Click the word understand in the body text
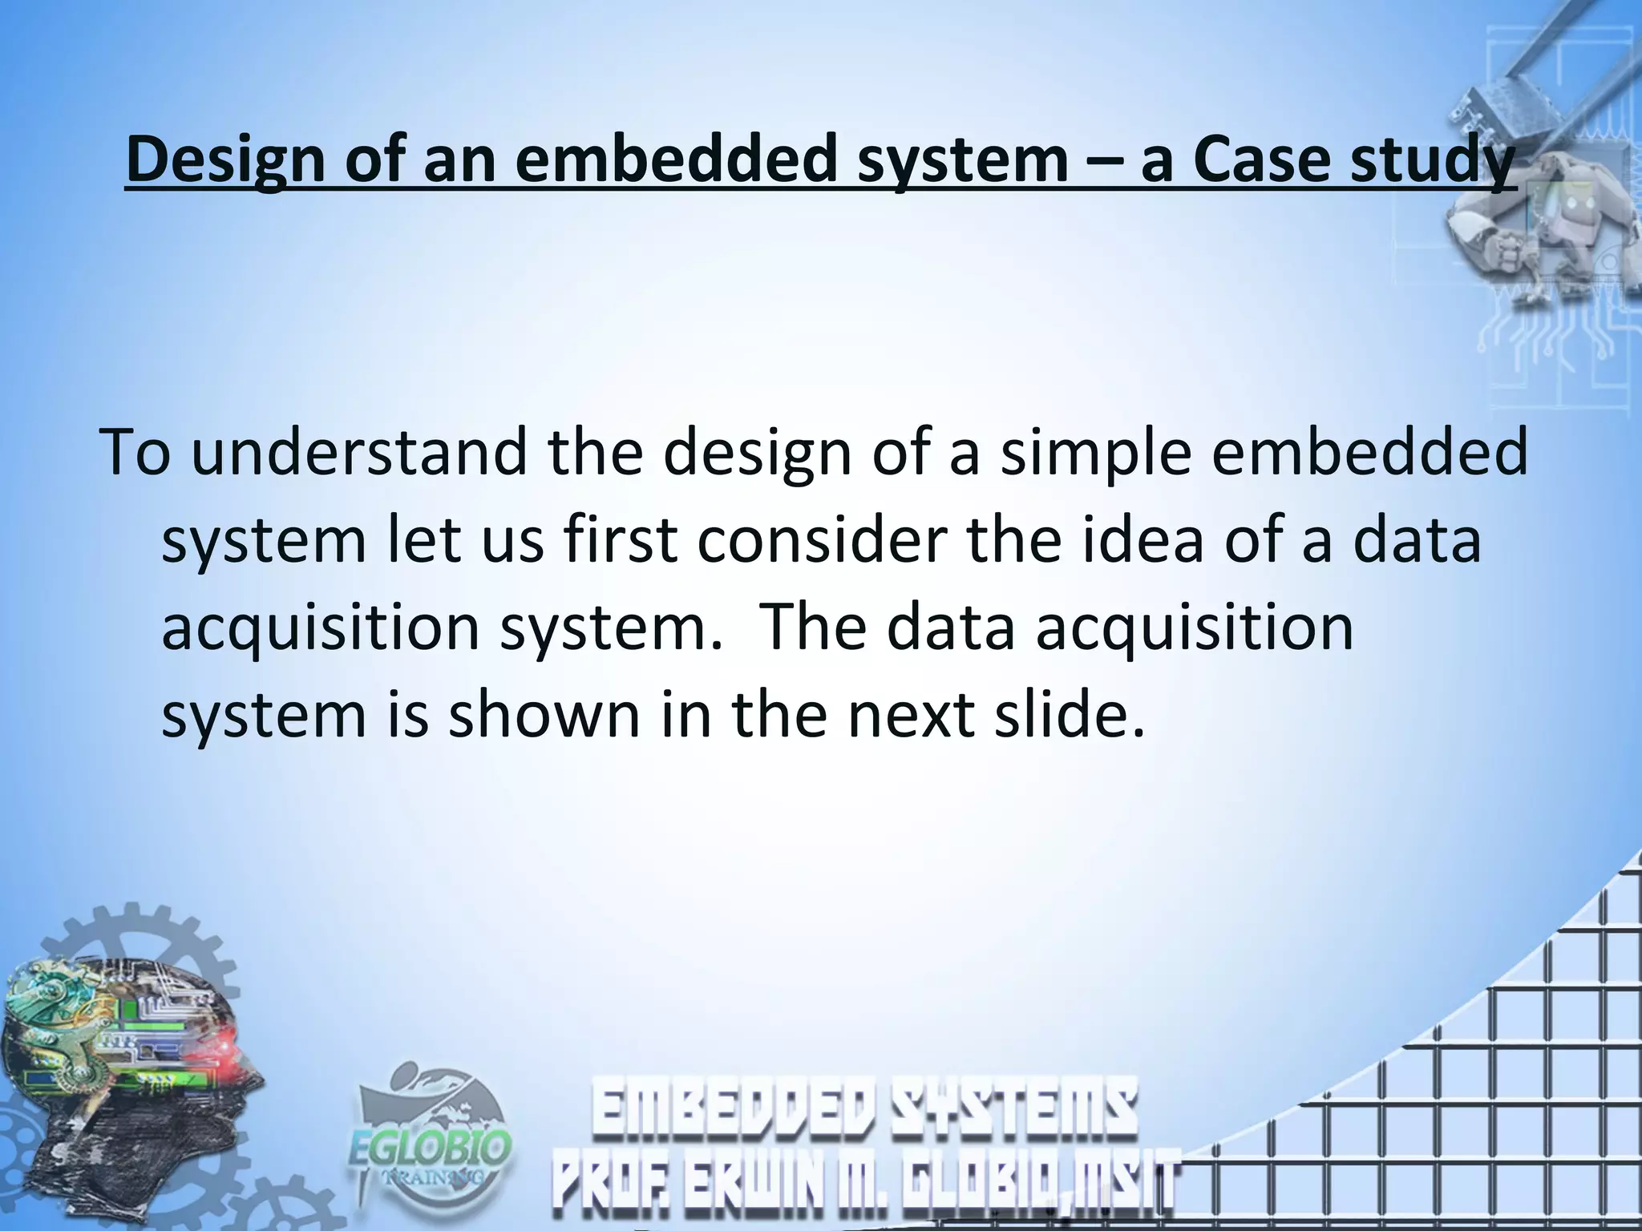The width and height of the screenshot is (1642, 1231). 358,452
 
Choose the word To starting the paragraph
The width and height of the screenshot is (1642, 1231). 136,452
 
